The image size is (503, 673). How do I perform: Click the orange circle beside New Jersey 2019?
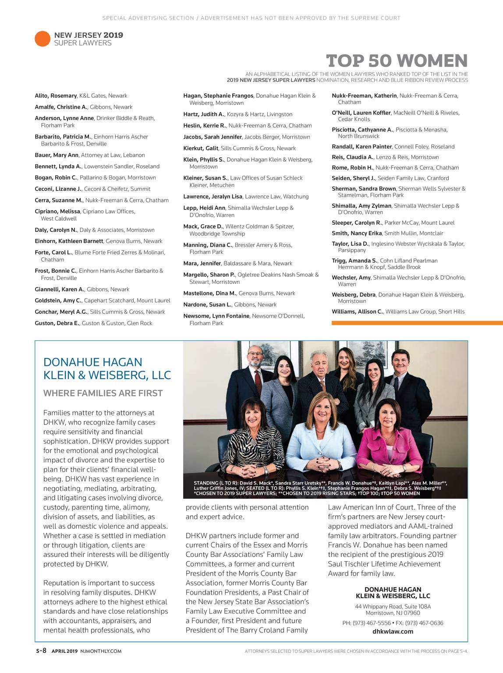[43, 39]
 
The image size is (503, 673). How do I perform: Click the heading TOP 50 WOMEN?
[397, 61]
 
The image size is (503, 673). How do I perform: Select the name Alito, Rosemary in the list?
[56, 96]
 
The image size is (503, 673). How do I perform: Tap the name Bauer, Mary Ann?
[57, 155]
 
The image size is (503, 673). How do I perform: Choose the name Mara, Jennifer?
[202, 263]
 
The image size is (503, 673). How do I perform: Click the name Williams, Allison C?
[357, 312]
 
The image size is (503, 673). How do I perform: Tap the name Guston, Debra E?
[57, 323]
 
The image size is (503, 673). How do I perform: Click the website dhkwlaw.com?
[393, 631]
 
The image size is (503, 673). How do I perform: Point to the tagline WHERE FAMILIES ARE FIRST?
[103, 393]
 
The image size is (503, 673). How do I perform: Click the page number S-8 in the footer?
[41, 651]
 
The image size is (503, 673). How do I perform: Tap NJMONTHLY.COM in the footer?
[101, 651]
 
